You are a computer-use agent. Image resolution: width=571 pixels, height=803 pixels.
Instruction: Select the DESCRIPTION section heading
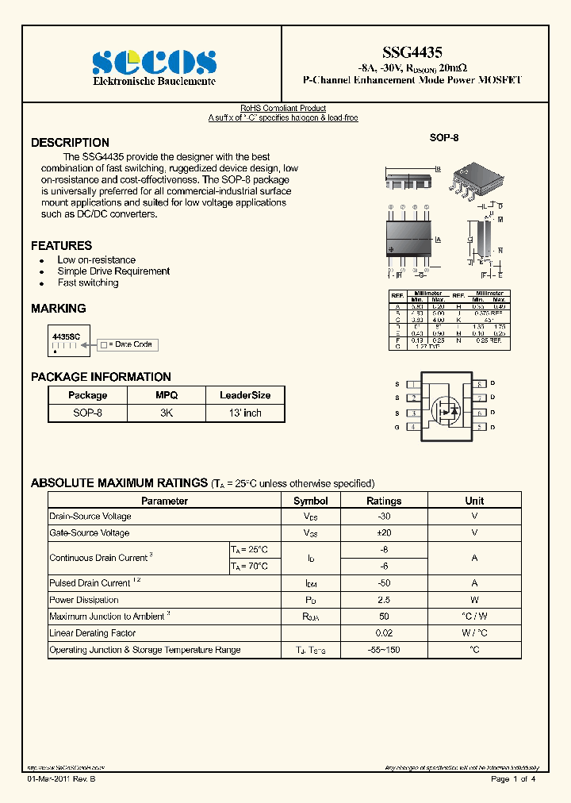tap(70, 143)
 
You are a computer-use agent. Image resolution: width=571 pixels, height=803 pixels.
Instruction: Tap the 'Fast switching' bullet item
tap(88, 282)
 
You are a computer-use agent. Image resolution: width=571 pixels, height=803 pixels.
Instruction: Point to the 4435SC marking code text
tap(66, 337)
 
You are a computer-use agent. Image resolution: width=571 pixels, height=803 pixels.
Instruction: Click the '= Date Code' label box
tap(128, 344)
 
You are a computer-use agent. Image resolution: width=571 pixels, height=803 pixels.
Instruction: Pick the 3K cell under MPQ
tap(167, 413)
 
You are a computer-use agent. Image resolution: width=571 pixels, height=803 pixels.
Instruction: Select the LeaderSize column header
tap(245, 395)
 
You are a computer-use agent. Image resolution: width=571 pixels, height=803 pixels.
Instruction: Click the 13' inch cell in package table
tap(245, 413)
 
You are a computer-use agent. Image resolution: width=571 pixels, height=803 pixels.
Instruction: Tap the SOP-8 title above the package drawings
tap(444, 137)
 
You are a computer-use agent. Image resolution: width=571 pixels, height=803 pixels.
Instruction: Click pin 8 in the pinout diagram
tap(480, 384)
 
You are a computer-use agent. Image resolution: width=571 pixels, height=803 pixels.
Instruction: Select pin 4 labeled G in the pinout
tap(413, 427)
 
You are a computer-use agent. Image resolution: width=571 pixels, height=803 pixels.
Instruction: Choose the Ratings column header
tap(384, 501)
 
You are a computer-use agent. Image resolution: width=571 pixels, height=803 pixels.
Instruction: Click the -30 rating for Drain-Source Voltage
tap(384, 517)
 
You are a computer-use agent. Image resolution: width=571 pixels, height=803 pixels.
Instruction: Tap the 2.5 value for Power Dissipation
tap(384, 600)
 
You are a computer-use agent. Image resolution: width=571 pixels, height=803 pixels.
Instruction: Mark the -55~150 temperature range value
tap(384, 650)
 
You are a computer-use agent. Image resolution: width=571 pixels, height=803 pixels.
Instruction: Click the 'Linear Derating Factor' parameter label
tap(93, 633)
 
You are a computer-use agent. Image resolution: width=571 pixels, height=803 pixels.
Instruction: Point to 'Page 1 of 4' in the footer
tap(513, 779)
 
